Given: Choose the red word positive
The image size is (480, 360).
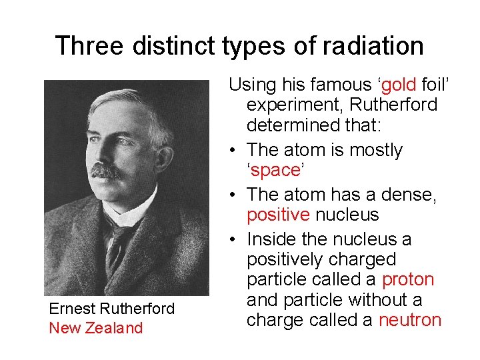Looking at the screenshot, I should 278,215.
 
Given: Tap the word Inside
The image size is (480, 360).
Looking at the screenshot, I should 271,239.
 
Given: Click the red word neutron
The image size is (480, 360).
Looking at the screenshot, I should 409,320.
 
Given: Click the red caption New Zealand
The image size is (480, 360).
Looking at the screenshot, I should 96,328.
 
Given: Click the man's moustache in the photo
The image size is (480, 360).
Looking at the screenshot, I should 107,171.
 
